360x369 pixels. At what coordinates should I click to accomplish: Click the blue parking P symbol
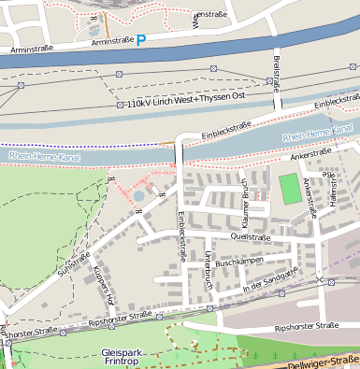pyautogui.click(x=141, y=40)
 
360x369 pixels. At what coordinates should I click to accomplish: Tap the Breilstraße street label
pyautogui.click(x=277, y=74)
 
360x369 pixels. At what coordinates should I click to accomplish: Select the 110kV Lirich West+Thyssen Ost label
pyautogui.click(x=185, y=101)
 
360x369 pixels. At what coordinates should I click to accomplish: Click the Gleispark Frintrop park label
pyautogui.click(x=122, y=357)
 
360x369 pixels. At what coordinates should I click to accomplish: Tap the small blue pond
pyautogui.click(x=139, y=196)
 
